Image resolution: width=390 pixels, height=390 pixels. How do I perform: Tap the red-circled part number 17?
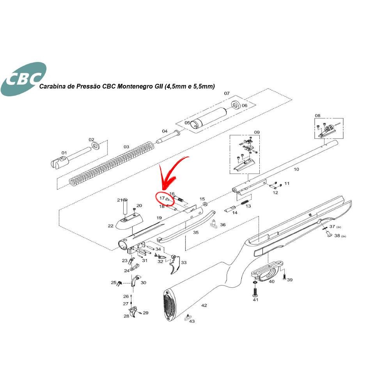pyautogui.click(x=162, y=198)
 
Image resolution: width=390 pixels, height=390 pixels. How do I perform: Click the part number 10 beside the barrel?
pyautogui.click(x=296, y=169)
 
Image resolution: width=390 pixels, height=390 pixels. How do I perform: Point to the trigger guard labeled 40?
pyautogui.click(x=267, y=270)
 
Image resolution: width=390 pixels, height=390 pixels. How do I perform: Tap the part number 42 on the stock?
pyautogui.click(x=204, y=305)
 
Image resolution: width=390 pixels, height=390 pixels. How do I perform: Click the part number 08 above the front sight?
pyautogui.click(x=317, y=115)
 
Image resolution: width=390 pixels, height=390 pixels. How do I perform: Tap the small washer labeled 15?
pyautogui.click(x=206, y=204)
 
